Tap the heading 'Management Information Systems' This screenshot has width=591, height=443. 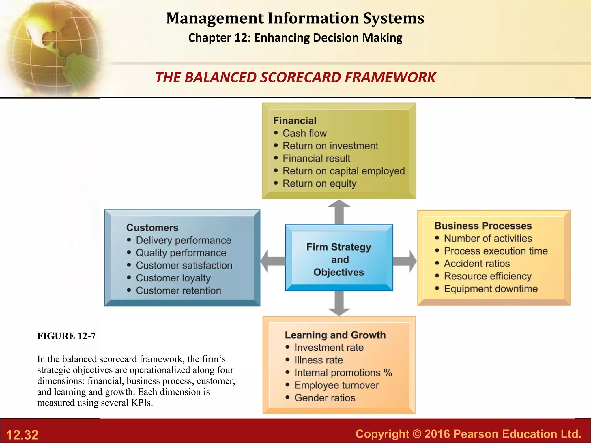click(x=295, y=18)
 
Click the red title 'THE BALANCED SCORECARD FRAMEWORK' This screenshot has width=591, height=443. click(x=295, y=77)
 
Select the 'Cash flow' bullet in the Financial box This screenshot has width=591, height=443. click(x=304, y=133)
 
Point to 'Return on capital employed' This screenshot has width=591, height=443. click(x=343, y=171)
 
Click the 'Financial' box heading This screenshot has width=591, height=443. click(x=295, y=121)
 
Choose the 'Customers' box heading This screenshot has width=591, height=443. click(x=152, y=228)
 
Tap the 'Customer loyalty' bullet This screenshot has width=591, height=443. click(x=173, y=278)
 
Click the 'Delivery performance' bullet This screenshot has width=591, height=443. click(x=183, y=240)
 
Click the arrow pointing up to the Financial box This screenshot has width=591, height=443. click(x=339, y=212)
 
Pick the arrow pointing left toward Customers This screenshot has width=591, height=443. click(x=272, y=261)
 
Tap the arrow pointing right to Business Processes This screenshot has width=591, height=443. click(x=405, y=261)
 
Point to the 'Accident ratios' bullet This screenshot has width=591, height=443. click(x=476, y=264)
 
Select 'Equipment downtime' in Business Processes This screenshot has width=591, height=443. click(x=491, y=289)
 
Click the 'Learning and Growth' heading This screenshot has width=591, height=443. click(x=335, y=335)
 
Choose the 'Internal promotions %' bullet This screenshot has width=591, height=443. click(x=343, y=373)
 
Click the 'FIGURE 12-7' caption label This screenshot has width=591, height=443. click(x=66, y=336)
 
